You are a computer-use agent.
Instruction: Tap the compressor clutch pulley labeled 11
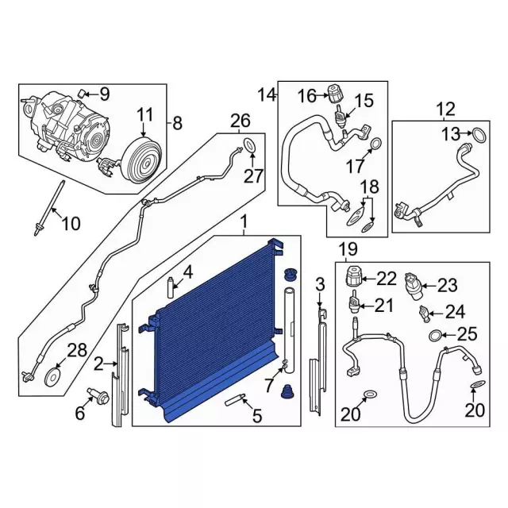tap(141, 161)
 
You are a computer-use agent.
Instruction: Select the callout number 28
tap(77, 351)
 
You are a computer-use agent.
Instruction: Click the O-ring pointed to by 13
tap(479, 136)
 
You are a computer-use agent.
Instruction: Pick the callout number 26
tap(241, 121)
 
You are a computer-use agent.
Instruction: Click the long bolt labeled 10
tap(48, 208)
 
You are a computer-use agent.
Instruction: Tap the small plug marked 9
tap(81, 94)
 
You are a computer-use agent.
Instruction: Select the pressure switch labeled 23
tap(412, 286)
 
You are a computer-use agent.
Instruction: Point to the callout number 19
tap(348, 249)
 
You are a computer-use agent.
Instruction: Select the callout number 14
tap(267, 95)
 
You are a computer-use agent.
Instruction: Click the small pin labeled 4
tap(171, 287)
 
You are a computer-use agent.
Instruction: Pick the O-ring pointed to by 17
tap(375, 144)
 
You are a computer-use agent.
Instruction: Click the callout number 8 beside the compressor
tap(178, 124)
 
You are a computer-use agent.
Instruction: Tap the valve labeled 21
tap(353, 303)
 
